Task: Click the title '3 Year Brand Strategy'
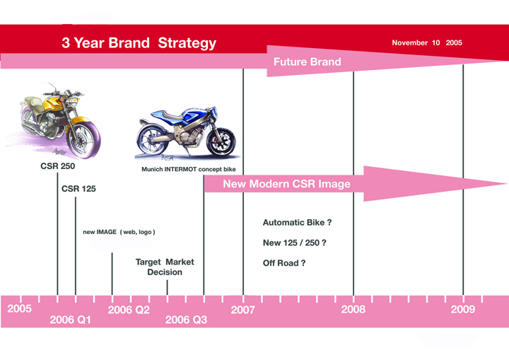pyautogui.click(x=139, y=43)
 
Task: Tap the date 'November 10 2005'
pyautogui.click(x=427, y=42)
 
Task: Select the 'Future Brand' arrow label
pyautogui.click(x=307, y=62)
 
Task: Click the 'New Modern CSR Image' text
pyautogui.click(x=286, y=184)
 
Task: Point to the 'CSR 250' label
pyautogui.click(x=58, y=166)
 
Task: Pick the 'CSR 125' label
pyautogui.click(x=78, y=188)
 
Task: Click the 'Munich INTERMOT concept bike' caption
pyautogui.click(x=189, y=169)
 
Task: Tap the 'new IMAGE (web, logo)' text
pyautogui.click(x=119, y=232)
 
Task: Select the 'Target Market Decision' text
pyautogui.click(x=165, y=267)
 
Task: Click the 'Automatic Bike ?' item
pyautogui.click(x=297, y=223)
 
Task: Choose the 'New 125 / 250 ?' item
pyautogui.click(x=294, y=243)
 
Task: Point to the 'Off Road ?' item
pyautogui.click(x=284, y=263)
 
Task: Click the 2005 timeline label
pyautogui.click(x=20, y=308)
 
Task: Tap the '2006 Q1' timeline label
pyautogui.click(x=70, y=320)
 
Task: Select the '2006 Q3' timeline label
pyautogui.click(x=186, y=320)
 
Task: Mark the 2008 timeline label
pyautogui.click(x=353, y=309)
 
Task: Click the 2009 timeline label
pyautogui.click(x=463, y=309)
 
